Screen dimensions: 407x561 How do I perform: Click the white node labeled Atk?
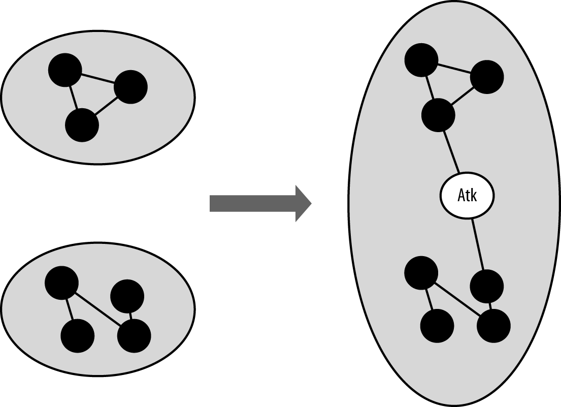pyautogui.click(x=466, y=196)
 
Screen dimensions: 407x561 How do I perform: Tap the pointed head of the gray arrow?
pyautogui.click(x=303, y=203)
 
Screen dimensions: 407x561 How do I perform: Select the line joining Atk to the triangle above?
pyautogui.click(x=451, y=152)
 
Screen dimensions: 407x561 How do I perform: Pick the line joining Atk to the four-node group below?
pyautogui.click(x=479, y=244)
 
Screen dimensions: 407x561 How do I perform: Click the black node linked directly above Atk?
pyautogui.click(x=438, y=115)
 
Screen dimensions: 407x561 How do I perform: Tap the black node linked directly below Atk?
pyautogui.click(x=486, y=287)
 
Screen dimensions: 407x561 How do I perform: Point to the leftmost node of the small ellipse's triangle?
pyautogui.click(x=65, y=70)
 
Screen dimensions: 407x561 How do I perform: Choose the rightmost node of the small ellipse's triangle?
pyautogui.click(x=130, y=87)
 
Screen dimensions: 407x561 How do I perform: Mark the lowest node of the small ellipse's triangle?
pyautogui.click(x=82, y=125)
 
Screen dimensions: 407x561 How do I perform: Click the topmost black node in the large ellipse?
pyautogui.click(x=421, y=60)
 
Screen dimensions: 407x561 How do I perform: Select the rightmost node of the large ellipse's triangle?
pyautogui.click(x=487, y=77)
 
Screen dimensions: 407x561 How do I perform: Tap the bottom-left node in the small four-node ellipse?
pyautogui.click(x=77, y=336)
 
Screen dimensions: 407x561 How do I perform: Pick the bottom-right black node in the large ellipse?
pyautogui.click(x=493, y=326)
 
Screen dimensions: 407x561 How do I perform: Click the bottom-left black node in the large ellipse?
pyautogui.click(x=437, y=326)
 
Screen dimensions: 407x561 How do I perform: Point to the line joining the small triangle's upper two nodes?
pyautogui.click(x=97, y=79)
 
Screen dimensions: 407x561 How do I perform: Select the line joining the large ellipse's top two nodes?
pyautogui.click(x=454, y=68)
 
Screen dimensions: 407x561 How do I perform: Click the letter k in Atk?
pyautogui.click(x=474, y=196)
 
